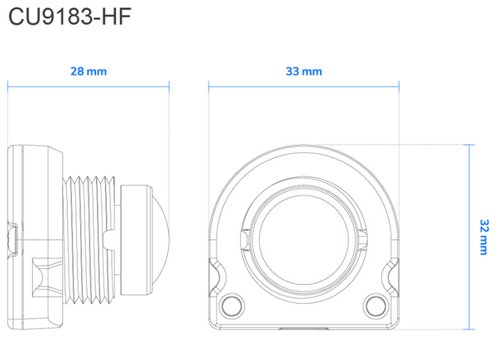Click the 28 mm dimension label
pos(89,72)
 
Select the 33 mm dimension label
pos(304,72)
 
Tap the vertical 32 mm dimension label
pos(484,236)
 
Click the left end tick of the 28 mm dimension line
pos(8,84)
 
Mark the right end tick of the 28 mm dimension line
pos(170,84)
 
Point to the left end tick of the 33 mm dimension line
pos(208,84)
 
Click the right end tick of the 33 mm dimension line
pos(400,84)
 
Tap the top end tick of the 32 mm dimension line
pos(472,144)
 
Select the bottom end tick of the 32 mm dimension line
pos(472,329)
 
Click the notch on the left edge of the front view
pos(212,272)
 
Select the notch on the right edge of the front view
pos(395,272)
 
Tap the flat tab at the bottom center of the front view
pos(304,328)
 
